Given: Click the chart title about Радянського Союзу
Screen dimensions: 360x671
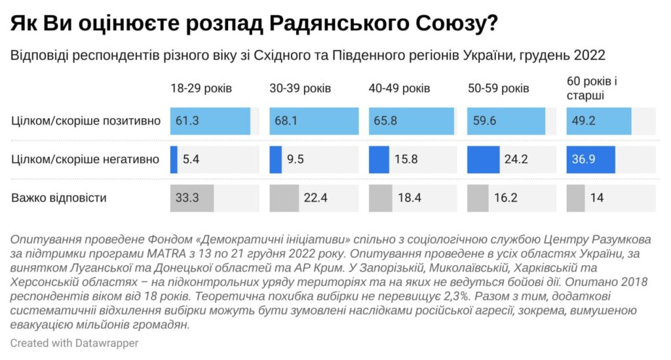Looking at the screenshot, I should pyautogui.click(x=254, y=24).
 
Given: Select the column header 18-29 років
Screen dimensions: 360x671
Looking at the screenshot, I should pyautogui.click(x=201, y=88).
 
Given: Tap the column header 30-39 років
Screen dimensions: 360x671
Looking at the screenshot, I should pyautogui.click(x=300, y=88).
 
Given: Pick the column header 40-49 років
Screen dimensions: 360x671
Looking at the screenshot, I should pyautogui.click(x=400, y=88).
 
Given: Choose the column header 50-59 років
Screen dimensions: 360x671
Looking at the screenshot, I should pyautogui.click(x=499, y=88).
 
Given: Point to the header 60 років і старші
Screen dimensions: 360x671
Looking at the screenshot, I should pyautogui.click(x=592, y=88).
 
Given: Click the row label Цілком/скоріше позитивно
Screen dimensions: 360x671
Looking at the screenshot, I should pyautogui.click(x=86, y=121).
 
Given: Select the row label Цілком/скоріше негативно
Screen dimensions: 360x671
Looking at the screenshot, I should pyautogui.click(x=86, y=159).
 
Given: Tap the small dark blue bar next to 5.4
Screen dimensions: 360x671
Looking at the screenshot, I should pyautogui.click(x=174, y=159).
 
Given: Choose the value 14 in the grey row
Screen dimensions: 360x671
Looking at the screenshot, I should pyautogui.click(x=597, y=197).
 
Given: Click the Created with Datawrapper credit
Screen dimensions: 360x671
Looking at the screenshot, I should pyautogui.click(x=74, y=343).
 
